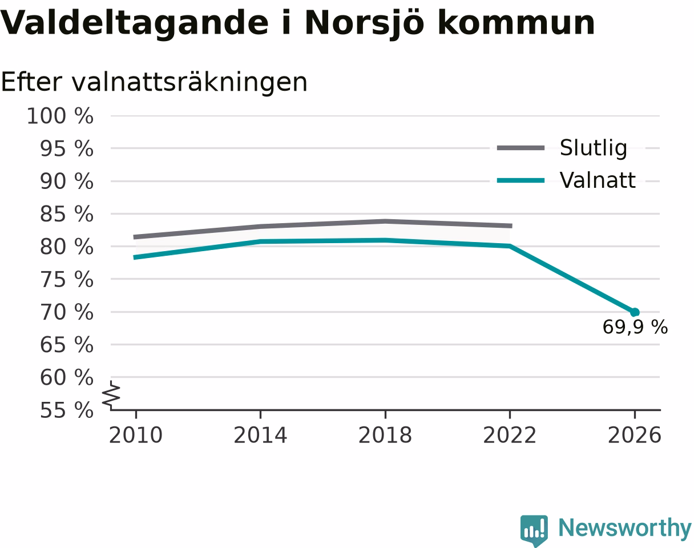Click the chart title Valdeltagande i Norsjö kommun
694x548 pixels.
tap(297, 24)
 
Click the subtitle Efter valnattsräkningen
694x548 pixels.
tap(154, 83)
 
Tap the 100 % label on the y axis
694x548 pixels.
tap(60, 116)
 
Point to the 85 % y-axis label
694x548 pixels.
tap(67, 214)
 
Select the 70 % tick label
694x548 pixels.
tap(67, 312)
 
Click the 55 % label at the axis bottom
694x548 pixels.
tap(67, 410)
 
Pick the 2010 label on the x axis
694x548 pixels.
tap(136, 436)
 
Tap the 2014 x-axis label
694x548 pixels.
tap(260, 436)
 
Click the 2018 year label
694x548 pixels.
tap(385, 436)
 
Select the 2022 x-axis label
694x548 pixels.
tap(510, 436)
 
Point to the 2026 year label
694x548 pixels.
tap(634, 436)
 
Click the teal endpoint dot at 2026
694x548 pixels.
tap(635, 312)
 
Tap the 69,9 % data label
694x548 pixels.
tap(635, 327)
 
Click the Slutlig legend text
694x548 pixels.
tap(594, 148)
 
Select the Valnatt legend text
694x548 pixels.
tap(598, 180)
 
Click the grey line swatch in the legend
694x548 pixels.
tap(520, 148)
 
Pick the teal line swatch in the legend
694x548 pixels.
tap(520, 180)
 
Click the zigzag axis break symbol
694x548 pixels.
tap(111, 393)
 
